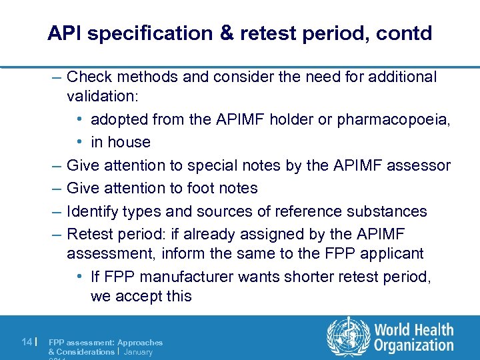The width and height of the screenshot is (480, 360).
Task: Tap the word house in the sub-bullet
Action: [131, 142]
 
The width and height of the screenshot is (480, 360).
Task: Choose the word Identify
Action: [93, 211]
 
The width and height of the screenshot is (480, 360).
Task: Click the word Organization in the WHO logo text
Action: [414, 345]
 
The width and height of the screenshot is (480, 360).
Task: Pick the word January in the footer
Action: [138, 351]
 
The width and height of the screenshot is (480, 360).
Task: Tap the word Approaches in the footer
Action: [140, 342]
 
